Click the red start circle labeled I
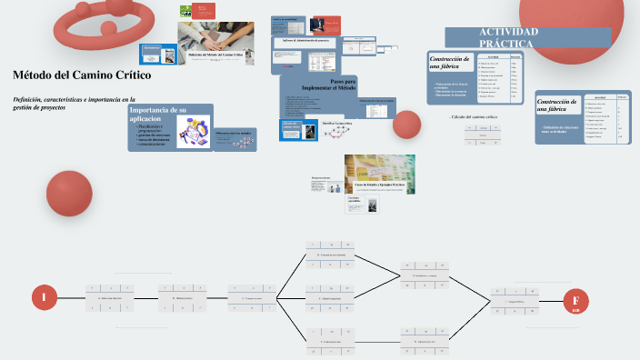44,297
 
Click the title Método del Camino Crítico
81,75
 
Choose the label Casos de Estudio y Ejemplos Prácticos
379,185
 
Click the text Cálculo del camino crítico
474,118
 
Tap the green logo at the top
186,11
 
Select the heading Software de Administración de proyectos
305,41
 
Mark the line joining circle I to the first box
71,297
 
